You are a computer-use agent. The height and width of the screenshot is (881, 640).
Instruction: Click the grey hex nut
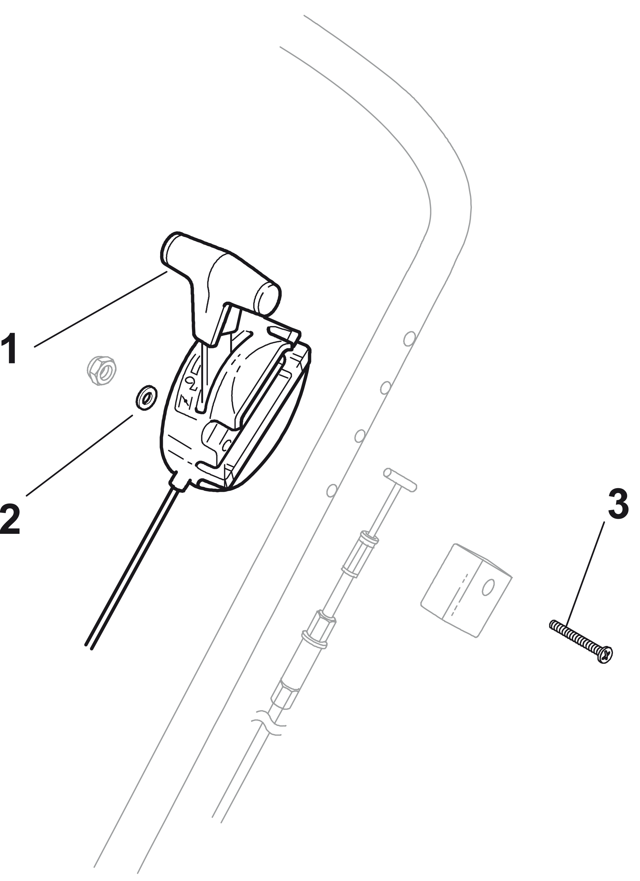point(101,371)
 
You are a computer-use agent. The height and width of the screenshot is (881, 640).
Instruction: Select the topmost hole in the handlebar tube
point(409,338)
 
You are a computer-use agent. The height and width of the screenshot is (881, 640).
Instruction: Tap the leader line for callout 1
point(101,309)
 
